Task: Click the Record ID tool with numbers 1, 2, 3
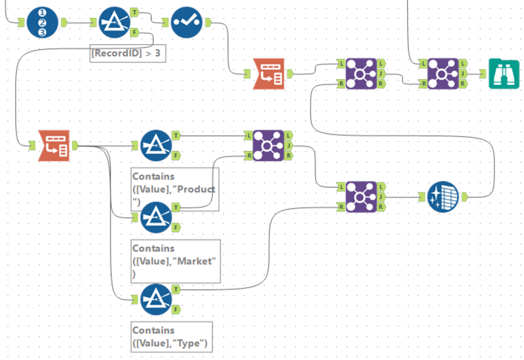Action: point(44,22)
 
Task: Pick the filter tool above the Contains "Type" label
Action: point(156,300)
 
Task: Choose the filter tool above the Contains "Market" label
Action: point(156,217)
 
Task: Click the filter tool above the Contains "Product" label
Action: point(156,145)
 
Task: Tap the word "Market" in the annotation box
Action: point(197,261)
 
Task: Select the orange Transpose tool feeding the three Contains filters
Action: point(55,145)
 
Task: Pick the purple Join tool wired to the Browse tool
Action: point(444,73)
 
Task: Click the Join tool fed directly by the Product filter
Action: point(269,145)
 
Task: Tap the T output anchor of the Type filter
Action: point(176,289)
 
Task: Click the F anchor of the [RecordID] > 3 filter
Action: point(134,33)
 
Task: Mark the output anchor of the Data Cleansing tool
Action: point(465,197)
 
